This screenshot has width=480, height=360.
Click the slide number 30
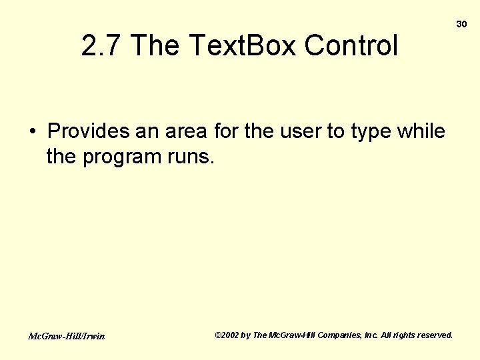tap(461, 24)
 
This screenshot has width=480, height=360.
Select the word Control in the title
tap(351, 46)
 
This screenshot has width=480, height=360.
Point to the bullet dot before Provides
tap(32, 131)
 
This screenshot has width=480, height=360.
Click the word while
tap(421, 131)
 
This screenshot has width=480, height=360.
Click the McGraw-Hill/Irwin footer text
tap(66, 336)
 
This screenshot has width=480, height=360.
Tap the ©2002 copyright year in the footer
tap(227, 335)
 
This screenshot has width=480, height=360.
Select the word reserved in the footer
tap(434, 335)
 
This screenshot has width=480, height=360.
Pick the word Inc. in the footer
tap(371, 335)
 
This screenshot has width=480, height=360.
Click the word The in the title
tap(156, 46)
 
